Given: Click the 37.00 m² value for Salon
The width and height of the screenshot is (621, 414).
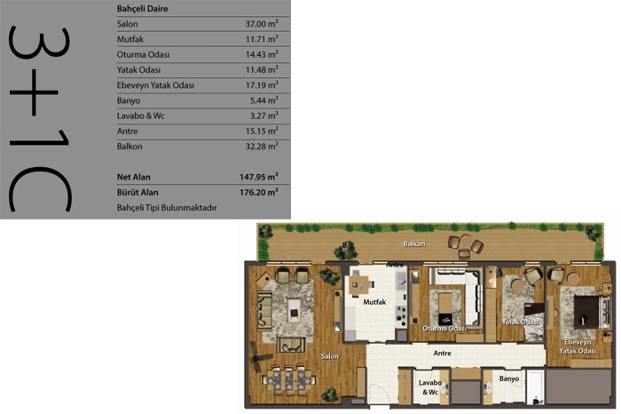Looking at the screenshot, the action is (262, 24).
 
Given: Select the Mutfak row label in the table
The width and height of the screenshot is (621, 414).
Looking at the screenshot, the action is (130, 39).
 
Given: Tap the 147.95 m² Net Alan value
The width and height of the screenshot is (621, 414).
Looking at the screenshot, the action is (259, 177).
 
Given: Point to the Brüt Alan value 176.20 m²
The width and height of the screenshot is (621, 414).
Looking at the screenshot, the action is (259, 192).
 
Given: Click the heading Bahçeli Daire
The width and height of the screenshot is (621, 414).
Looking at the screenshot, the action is (142, 9).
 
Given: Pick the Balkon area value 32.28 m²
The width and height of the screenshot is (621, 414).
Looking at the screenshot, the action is (262, 147).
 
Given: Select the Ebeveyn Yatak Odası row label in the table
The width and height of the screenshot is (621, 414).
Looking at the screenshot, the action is (155, 85).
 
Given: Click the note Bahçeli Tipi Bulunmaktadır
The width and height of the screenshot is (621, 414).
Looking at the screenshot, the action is (167, 208).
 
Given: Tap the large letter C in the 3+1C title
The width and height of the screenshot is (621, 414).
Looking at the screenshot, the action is (40, 189).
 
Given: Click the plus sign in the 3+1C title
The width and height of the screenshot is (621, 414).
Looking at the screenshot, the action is (34, 92).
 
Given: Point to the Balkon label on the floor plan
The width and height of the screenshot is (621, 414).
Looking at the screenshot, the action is (414, 244).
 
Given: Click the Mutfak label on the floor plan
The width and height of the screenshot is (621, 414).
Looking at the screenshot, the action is (374, 302).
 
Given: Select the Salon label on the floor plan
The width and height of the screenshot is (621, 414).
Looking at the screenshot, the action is (329, 356).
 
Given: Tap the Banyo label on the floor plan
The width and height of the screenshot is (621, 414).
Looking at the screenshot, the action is (509, 378).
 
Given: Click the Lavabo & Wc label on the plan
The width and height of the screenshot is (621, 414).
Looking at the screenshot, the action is (430, 387).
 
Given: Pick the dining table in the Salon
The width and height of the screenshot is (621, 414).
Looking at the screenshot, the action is (288, 380).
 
